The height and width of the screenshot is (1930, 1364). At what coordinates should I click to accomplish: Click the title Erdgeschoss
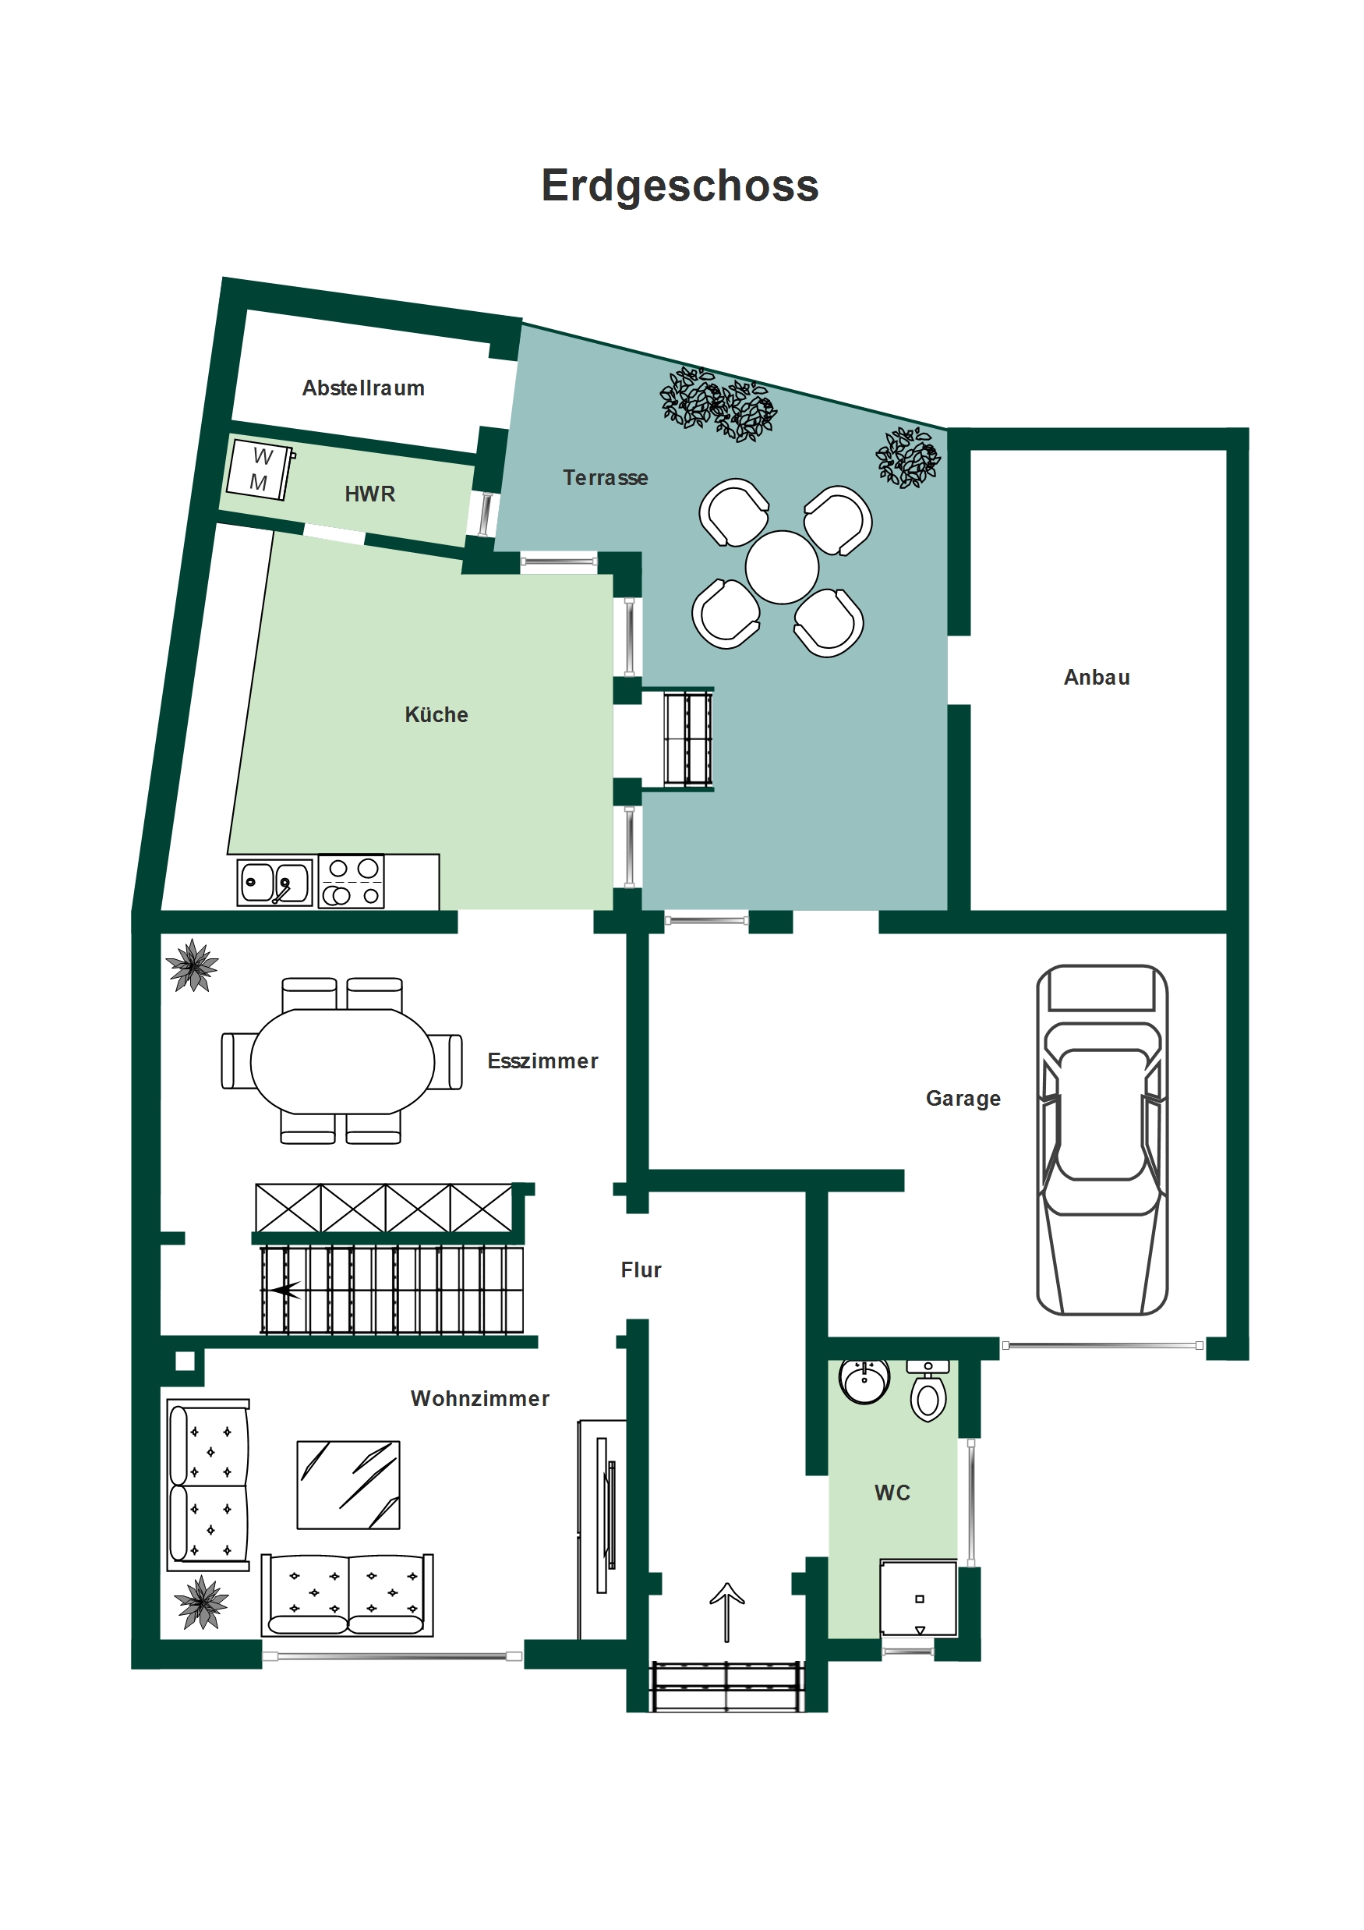(x=679, y=186)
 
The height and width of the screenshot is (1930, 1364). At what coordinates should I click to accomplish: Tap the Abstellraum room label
(x=363, y=388)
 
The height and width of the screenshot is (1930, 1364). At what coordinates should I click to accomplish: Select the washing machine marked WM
(x=260, y=469)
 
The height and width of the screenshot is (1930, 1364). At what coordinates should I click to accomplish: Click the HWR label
(x=369, y=494)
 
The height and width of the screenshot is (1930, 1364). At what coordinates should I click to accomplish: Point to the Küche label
(x=436, y=714)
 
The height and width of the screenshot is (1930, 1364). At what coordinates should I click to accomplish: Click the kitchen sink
(x=275, y=882)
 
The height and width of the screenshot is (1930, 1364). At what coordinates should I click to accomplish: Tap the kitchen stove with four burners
(x=352, y=882)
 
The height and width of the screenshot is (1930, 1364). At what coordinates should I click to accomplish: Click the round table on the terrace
(x=782, y=568)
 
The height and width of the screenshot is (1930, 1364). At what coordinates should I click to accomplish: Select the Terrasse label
(x=605, y=477)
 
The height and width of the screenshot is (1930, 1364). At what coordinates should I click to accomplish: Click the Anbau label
(x=1097, y=678)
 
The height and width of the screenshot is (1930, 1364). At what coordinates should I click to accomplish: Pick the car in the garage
(x=1102, y=1140)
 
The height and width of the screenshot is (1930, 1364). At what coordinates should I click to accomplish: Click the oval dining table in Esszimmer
(x=342, y=1061)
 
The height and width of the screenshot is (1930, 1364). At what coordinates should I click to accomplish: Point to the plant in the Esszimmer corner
(x=193, y=965)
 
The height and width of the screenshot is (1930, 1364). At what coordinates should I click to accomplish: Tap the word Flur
(x=641, y=1270)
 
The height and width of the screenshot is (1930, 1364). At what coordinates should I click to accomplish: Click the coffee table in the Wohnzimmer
(x=348, y=1486)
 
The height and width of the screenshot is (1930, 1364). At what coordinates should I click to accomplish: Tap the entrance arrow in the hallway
(x=727, y=1613)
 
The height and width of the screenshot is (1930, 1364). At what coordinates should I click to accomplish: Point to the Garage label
(x=963, y=1099)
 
